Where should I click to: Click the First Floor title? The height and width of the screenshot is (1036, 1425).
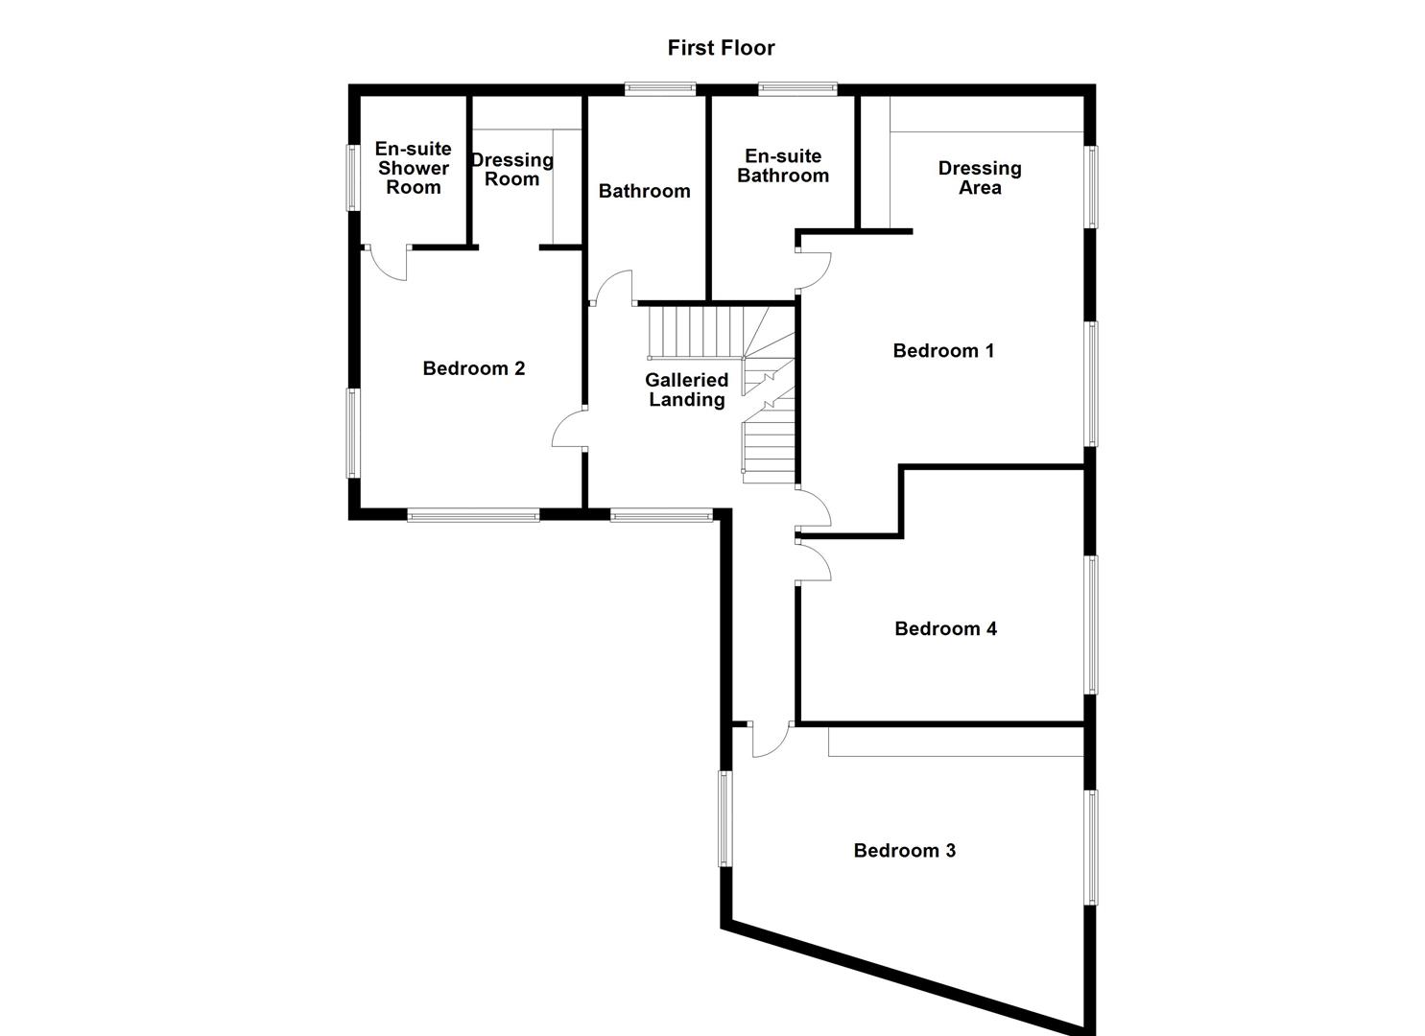[x=721, y=48]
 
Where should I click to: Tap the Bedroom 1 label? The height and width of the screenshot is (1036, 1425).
[x=943, y=351]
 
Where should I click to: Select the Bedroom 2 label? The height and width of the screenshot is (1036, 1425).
[x=473, y=368]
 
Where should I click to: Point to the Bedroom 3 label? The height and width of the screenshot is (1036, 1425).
[x=904, y=851]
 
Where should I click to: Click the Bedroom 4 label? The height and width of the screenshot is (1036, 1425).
[x=945, y=629]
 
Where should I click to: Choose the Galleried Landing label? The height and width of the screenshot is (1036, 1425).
[x=686, y=390]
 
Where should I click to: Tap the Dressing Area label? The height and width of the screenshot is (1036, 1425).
[x=980, y=178]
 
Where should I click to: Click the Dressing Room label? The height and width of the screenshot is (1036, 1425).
[x=511, y=170]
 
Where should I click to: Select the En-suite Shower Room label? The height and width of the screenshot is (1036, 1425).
[x=413, y=168]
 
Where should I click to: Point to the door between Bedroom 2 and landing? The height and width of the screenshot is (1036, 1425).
[x=569, y=427]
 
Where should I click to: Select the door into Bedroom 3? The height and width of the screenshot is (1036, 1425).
[x=770, y=740]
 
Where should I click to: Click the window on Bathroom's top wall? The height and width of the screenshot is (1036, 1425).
[x=660, y=89]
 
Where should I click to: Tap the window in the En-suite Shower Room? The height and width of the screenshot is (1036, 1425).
[x=352, y=177]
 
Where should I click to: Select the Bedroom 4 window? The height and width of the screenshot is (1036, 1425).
[x=1091, y=624]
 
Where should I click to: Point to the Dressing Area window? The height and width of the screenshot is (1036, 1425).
[x=1091, y=187]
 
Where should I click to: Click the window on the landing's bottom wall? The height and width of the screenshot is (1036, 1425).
[x=662, y=516]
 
